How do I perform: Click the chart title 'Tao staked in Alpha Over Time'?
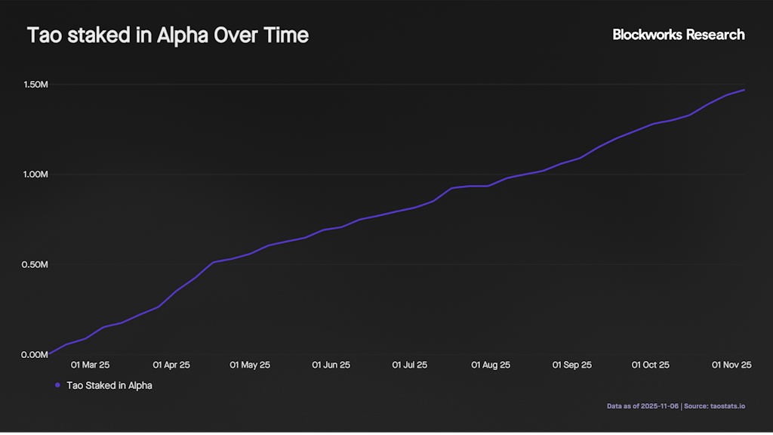pyautogui.click(x=168, y=35)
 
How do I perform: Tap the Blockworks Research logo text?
pyautogui.click(x=678, y=35)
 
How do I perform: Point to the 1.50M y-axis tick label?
pyautogui.click(x=34, y=85)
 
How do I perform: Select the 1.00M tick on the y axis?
pyautogui.click(x=34, y=174)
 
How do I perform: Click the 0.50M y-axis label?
pyautogui.click(x=34, y=265)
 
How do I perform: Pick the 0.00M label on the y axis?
pyautogui.click(x=34, y=355)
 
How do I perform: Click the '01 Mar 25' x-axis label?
pyautogui.click(x=91, y=365)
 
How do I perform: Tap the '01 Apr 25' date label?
pyautogui.click(x=171, y=365)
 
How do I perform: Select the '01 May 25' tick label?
pyautogui.click(x=251, y=365)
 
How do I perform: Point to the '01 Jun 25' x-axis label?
pyautogui.click(x=331, y=365)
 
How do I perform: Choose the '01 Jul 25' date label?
pyautogui.click(x=410, y=365)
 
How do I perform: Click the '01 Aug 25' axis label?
pyautogui.click(x=491, y=365)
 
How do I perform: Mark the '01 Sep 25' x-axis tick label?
pyautogui.click(x=572, y=365)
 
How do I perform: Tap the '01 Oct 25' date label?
pyautogui.click(x=650, y=365)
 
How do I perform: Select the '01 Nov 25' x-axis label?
pyautogui.click(x=731, y=365)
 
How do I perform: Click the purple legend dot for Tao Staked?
pyautogui.click(x=57, y=385)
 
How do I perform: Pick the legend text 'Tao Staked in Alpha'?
pyautogui.click(x=109, y=385)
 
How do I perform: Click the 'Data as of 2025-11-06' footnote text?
pyautogui.click(x=642, y=406)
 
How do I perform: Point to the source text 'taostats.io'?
pyautogui.click(x=728, y=406)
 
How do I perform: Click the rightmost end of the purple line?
pyautogui.click(x=744, y=90)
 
